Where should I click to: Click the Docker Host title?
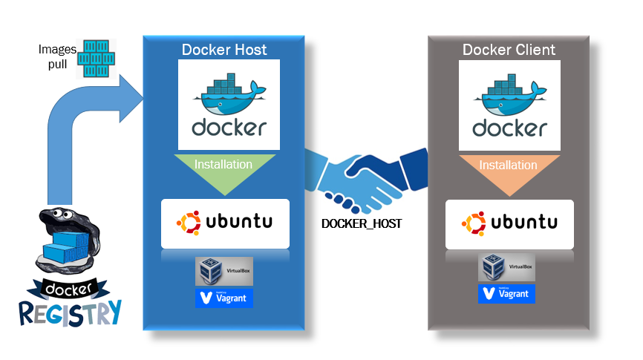click(224, 50)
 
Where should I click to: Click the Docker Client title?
click(509, 50)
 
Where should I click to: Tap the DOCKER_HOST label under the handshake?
click(362, 223)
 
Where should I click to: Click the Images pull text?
click(57, 56)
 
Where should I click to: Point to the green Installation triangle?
click(224, 171)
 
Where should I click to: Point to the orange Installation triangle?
click(509, 171)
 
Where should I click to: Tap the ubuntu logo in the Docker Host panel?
click(224, 222)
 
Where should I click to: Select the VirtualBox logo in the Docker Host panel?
click(223, 272)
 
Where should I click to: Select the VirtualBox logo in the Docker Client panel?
click(506, 266)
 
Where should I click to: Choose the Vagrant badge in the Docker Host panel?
click(223, 298)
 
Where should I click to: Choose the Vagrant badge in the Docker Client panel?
click(506, 293)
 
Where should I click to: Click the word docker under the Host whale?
click(229, 128)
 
